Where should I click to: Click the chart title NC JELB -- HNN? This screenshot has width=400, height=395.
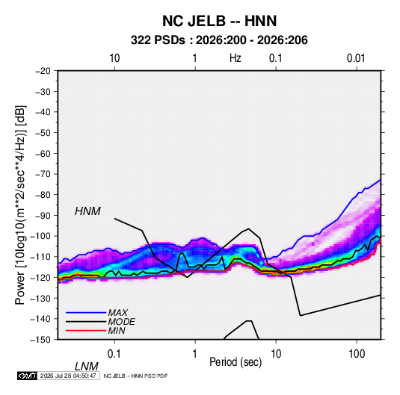219,21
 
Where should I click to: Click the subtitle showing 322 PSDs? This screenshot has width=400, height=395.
219,40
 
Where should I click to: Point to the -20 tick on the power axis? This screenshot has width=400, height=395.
43,71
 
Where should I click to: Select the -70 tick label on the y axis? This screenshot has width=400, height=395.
43,174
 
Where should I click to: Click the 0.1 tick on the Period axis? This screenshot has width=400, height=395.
114,354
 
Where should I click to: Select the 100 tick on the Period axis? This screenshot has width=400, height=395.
357,354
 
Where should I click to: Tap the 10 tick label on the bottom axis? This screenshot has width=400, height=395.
276,354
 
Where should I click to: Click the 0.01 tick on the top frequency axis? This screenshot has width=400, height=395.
356,58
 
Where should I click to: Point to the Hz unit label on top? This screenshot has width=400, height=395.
236,58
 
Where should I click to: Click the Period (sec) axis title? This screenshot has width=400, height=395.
236,362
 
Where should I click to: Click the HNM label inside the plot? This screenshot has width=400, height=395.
87,211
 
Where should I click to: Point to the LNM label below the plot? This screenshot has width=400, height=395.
87,367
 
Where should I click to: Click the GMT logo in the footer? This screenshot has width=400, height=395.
28,376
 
